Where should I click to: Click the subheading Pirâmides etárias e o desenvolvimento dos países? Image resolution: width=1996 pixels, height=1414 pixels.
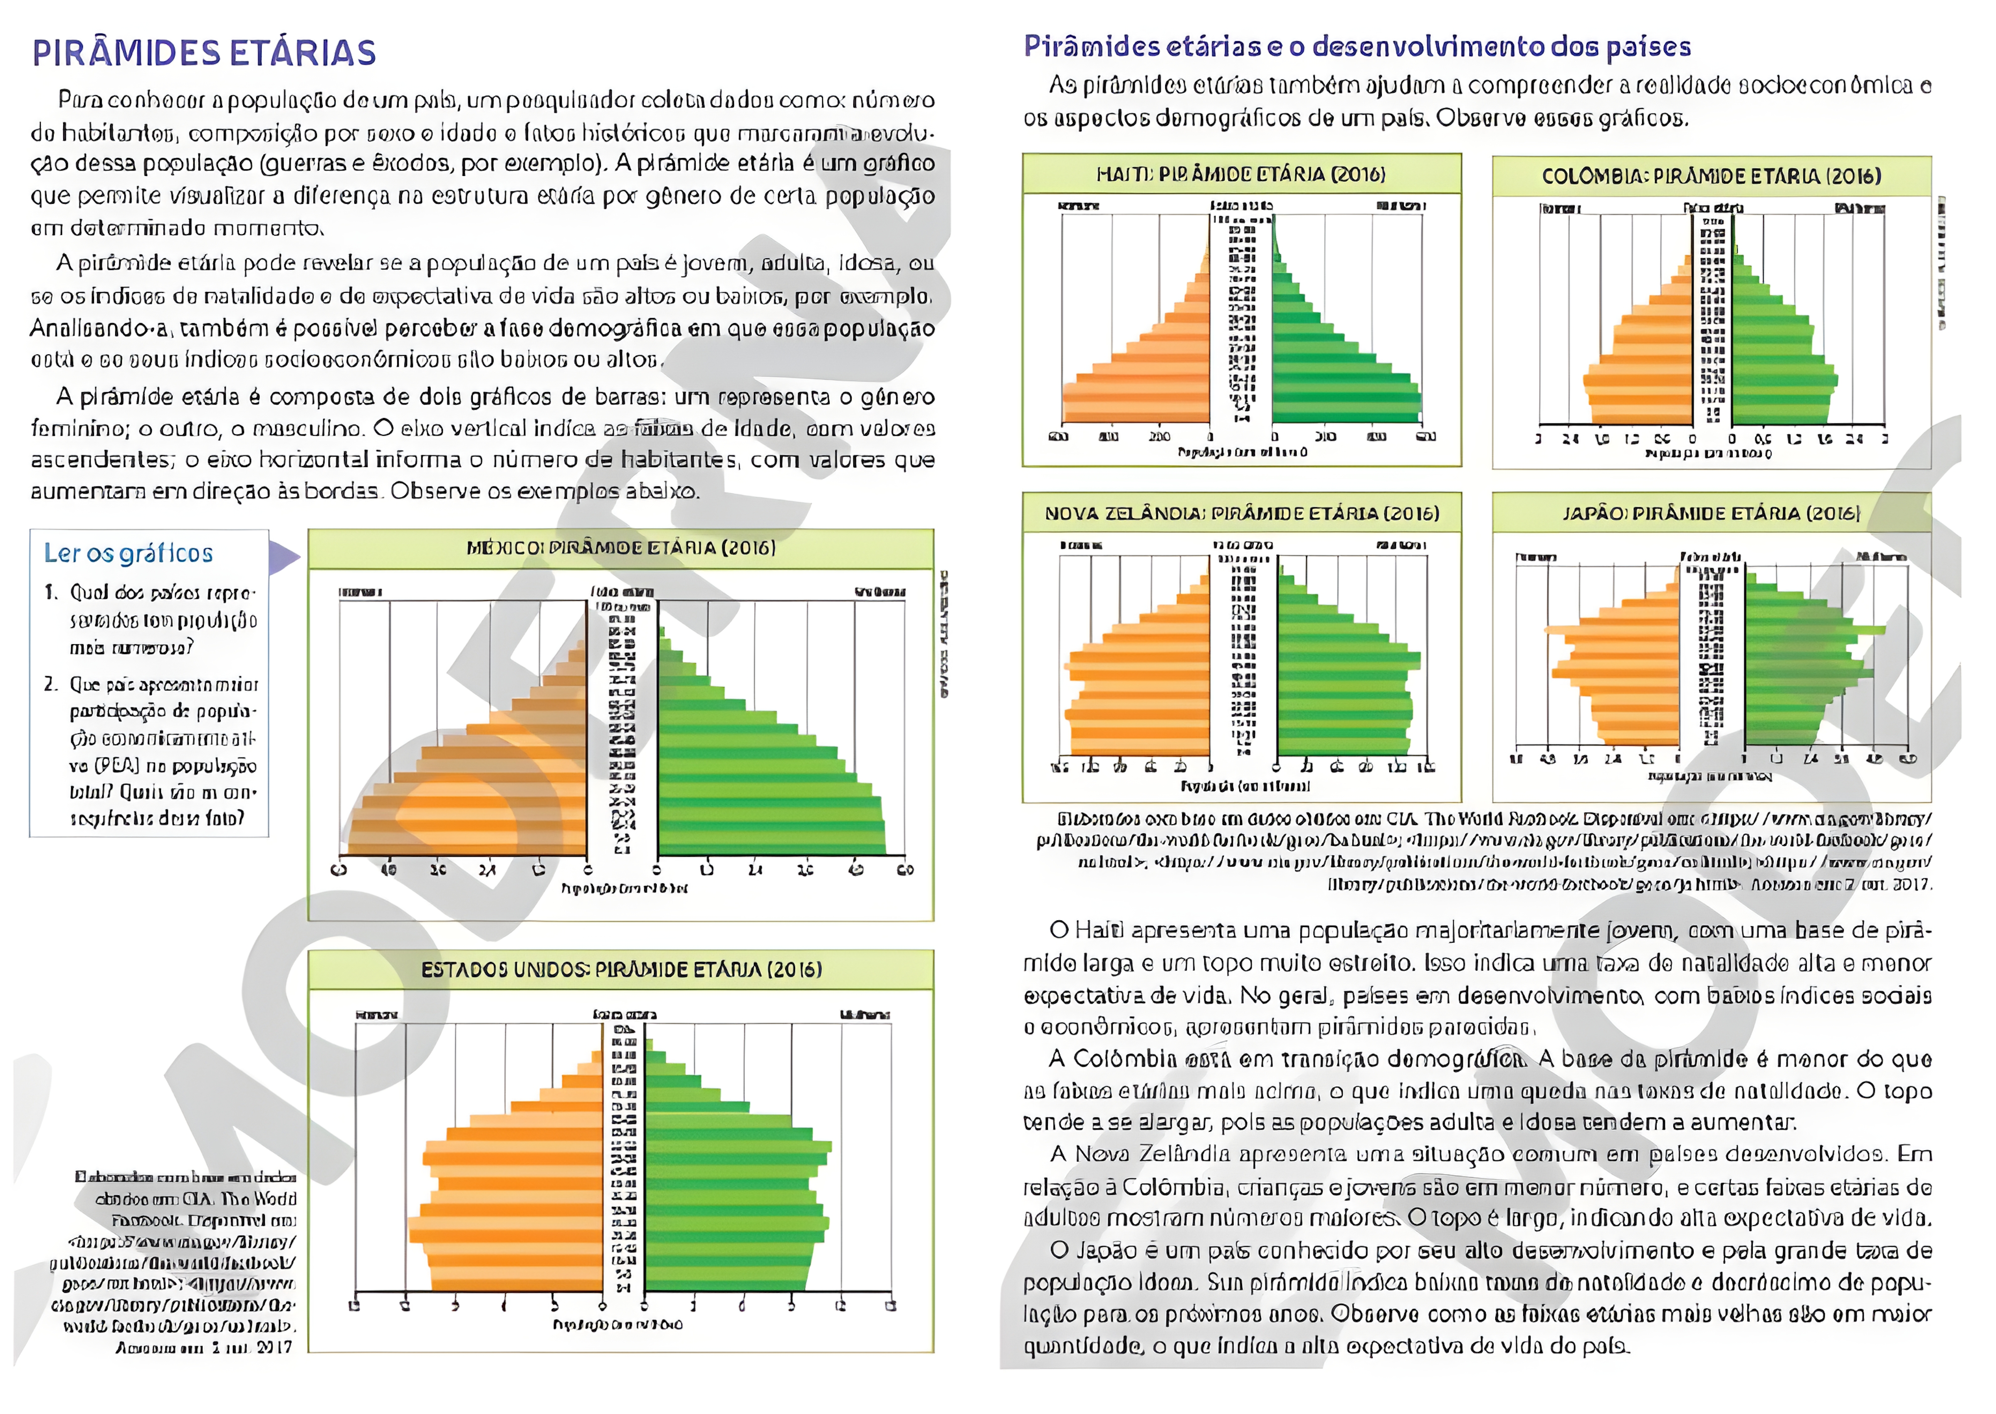(x=1356, y=46)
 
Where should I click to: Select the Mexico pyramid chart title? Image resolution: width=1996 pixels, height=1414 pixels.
(x=621, y=548)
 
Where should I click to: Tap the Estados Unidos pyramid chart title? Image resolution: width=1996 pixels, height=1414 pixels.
(x=621, y=969)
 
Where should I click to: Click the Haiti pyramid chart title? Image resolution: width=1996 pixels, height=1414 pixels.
(x=1240, y=174)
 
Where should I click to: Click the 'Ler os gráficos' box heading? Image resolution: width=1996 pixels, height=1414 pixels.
(x=128, y=553)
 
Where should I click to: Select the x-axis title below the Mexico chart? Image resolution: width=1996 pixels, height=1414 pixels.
(x=623, y=888)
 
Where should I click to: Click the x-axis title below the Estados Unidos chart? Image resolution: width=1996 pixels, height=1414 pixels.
(x=617, y=1324)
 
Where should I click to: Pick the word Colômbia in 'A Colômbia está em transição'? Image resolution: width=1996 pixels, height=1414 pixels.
(x=1125, y=1059)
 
